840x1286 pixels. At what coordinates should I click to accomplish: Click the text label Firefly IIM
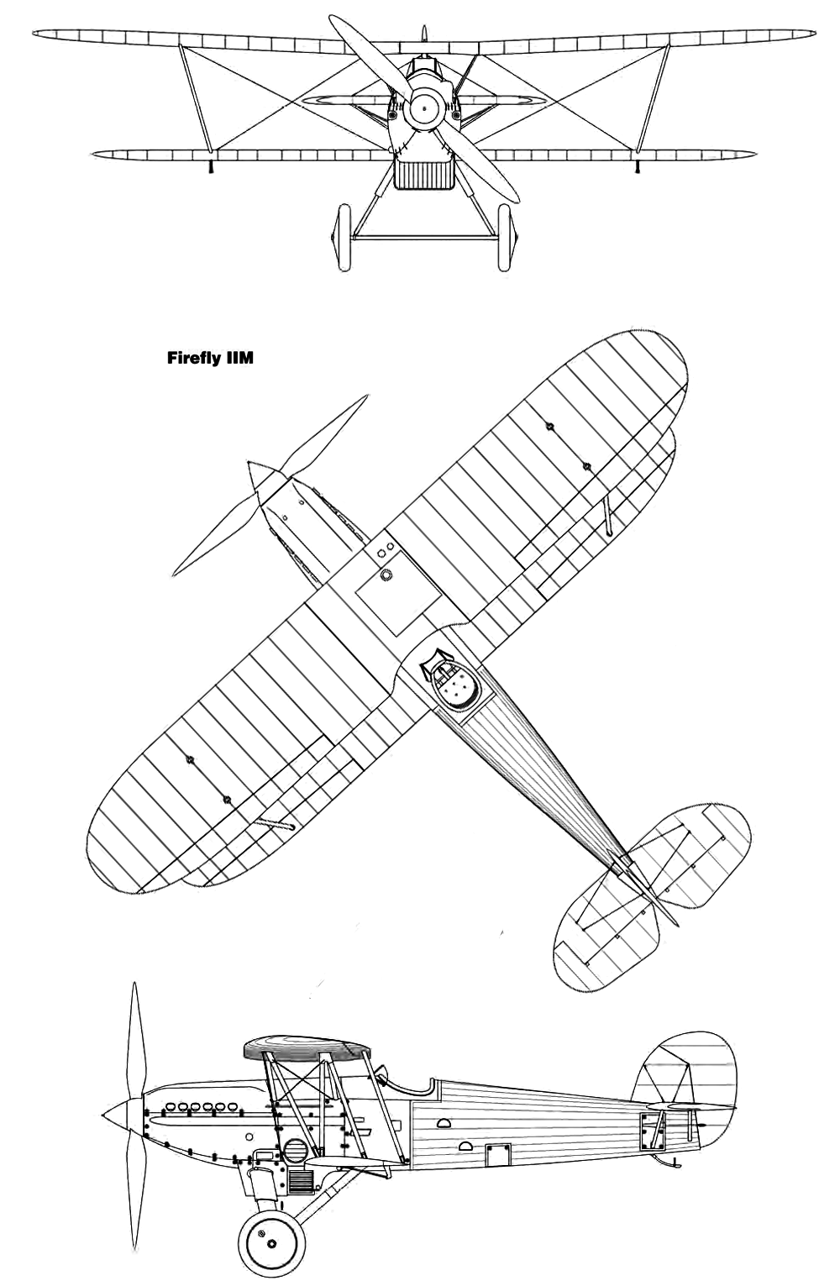(210, 358)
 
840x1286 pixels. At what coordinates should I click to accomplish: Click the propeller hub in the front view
(423, 108)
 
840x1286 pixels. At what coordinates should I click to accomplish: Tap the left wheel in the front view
(344, 237)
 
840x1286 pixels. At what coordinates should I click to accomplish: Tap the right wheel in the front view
(504, 237)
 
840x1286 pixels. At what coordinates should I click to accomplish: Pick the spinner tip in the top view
(249, 462)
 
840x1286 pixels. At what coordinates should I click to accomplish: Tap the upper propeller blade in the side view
(134, 1040)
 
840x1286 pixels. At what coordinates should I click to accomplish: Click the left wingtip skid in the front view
(211, 166)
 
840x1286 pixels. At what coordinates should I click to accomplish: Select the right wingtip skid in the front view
(638, 166)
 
